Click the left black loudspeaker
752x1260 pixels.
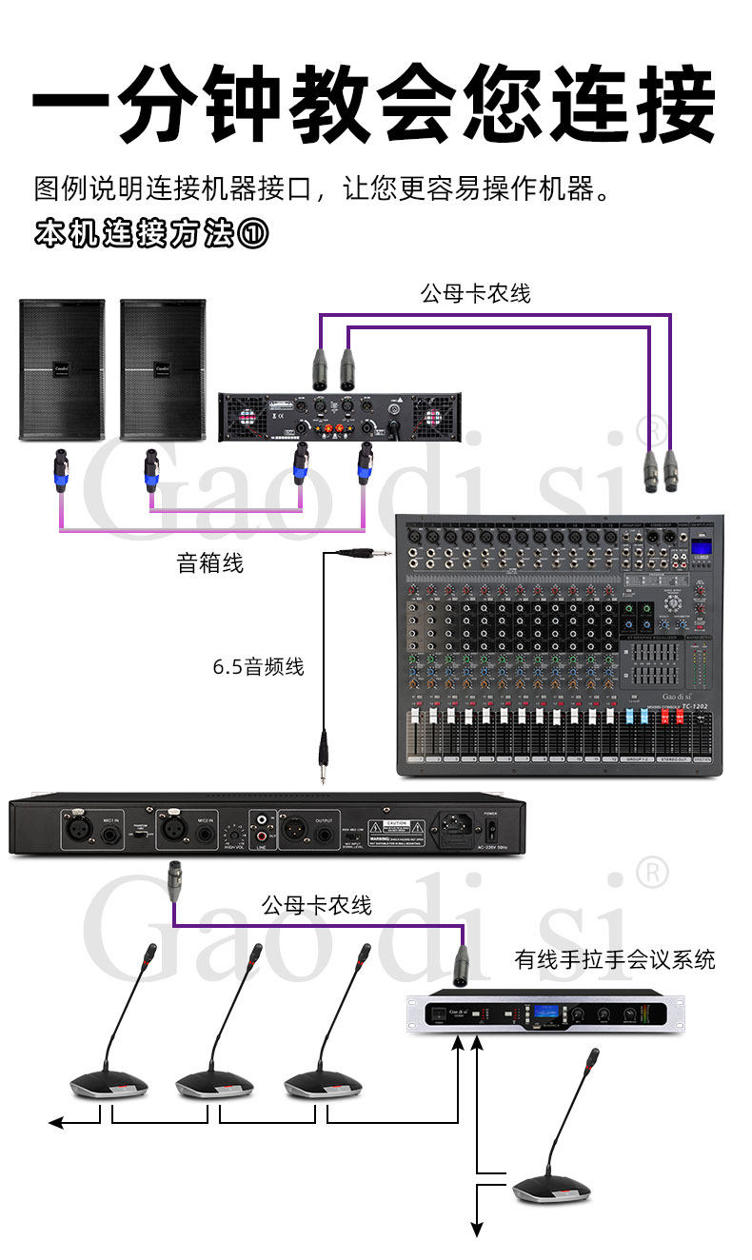(x=62, y=369)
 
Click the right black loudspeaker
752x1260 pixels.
(x=163, y=369)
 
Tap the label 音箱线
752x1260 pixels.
(x=210, y=563)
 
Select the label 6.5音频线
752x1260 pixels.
(x=258, y=667)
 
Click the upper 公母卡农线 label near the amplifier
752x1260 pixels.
(x=475, y=294)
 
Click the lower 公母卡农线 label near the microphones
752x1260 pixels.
(x=317, y=905)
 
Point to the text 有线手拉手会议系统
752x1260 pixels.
(x=615, y=959)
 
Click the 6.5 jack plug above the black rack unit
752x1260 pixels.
(x=324, y=756)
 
